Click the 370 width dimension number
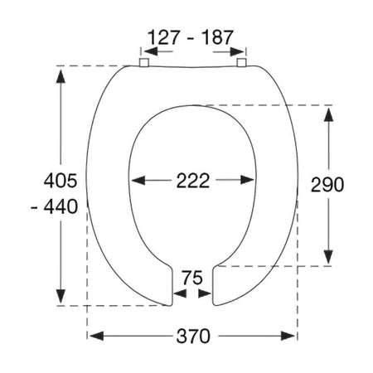[193, 337]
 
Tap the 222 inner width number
[193, 181]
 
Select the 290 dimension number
[327, 185]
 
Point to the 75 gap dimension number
[192, 278]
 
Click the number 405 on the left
[61, 181]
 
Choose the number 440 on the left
[61, 207]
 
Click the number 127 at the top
[164, 37]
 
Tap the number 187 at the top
[218, 37]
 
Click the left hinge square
[144, 62]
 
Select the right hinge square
[241, 62]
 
